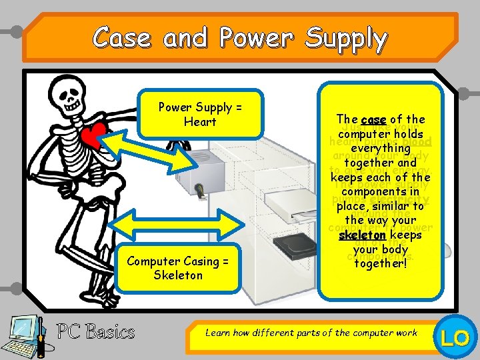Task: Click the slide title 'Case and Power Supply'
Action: (x=240, y=38)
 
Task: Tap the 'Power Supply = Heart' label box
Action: (x=200, y=114)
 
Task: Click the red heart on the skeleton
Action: (x=93, y=137)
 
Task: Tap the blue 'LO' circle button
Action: (x=455, y=338)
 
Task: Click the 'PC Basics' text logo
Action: (x=95, y=331)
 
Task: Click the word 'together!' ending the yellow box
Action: (x=380, y=263)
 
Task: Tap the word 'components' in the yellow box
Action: (x=381, y=192)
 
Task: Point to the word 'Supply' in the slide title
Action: (x=346, y=38)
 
